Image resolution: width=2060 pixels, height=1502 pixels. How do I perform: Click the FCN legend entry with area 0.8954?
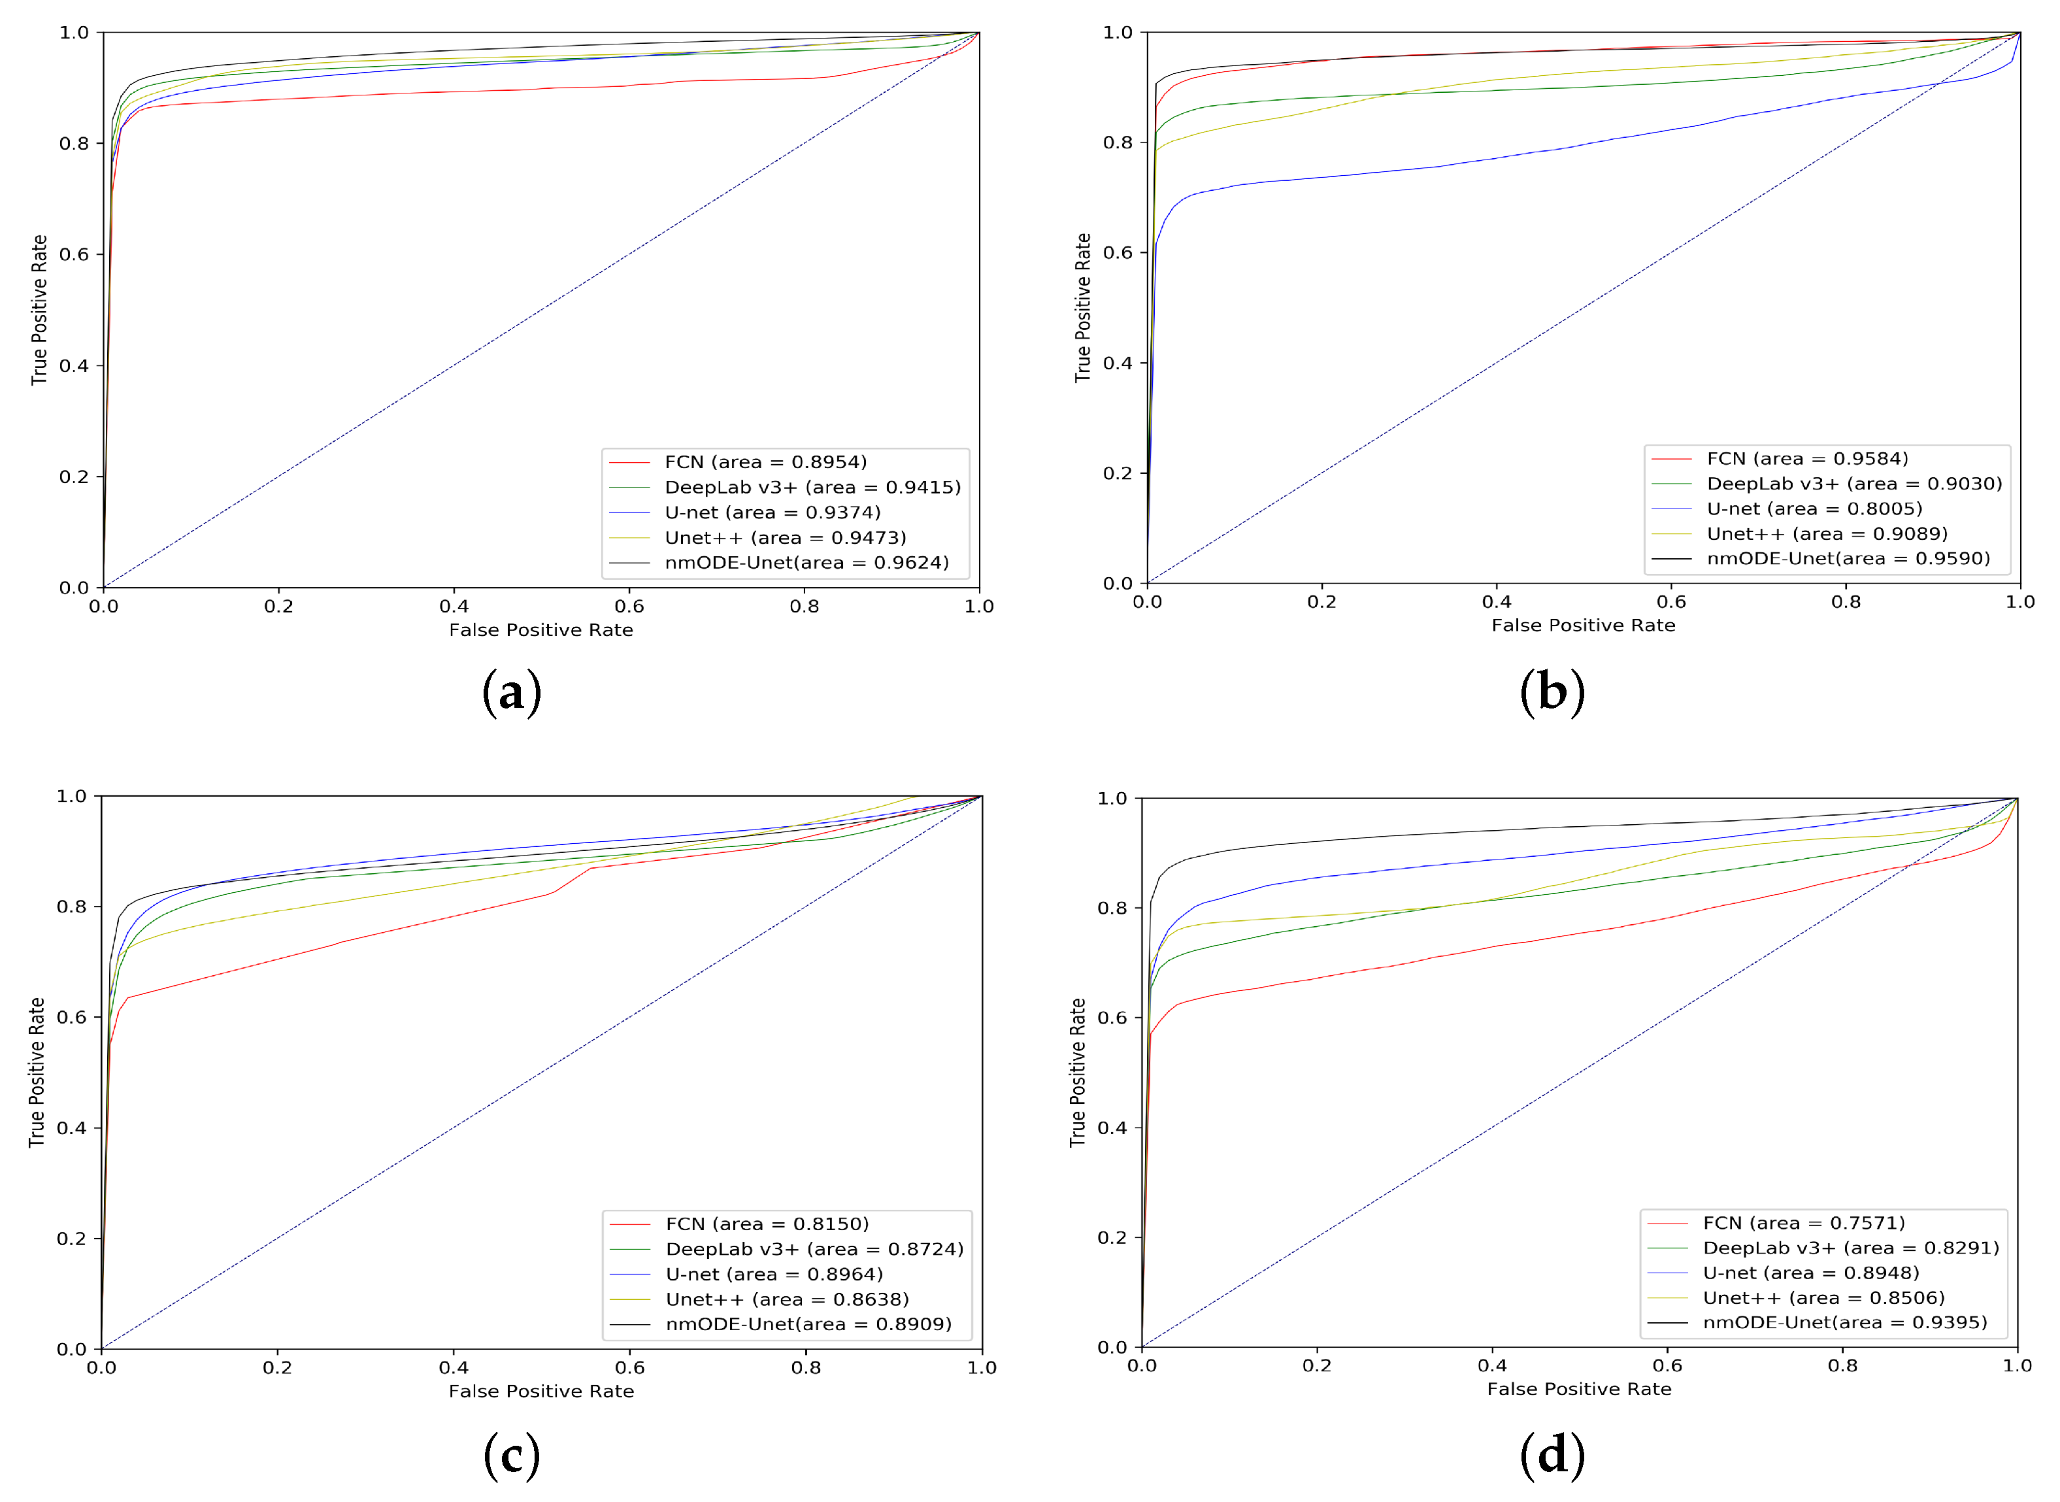point(765,462)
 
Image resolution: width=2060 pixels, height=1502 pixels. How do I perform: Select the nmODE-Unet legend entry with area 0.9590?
point(1848,558)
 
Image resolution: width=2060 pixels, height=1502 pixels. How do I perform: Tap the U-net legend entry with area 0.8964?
point(774,1274)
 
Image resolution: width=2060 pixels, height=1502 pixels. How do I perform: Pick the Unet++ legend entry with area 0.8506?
point(1823,1297)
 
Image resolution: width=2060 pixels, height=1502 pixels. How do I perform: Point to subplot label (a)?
point(512,693)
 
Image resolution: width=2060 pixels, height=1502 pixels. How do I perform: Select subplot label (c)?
point(512,1456)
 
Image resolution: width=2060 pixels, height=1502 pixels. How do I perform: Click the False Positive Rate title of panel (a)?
point(541,630)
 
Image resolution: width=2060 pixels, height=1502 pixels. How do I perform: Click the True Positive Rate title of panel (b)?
point(1083,309)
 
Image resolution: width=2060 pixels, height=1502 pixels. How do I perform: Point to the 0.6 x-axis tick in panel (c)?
point(629,1367)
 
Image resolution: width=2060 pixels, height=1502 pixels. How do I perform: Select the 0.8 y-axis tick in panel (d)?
point(1114,909)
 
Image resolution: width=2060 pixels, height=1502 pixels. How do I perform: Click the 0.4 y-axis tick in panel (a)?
point(74,365)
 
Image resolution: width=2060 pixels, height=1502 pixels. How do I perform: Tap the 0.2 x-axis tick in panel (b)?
point(1322,602)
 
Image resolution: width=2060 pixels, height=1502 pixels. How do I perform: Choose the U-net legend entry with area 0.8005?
point(1814,509)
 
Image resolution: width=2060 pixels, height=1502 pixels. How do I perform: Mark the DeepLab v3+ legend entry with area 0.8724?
point(814,1249)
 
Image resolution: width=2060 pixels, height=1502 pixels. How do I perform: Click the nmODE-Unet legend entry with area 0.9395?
point(1844,1322)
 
